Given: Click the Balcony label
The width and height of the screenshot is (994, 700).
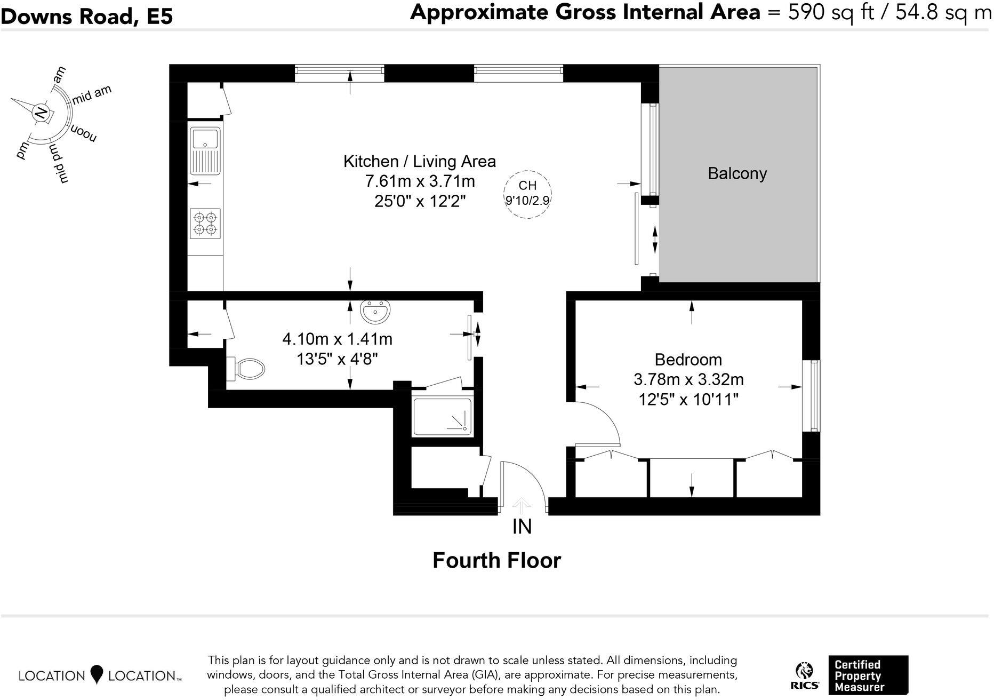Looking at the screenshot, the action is click(x=737, y=173).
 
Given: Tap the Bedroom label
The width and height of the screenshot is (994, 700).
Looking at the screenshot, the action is click(x=688, y=360).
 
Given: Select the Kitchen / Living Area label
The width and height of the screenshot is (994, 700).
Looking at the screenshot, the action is click(x=419, y=161).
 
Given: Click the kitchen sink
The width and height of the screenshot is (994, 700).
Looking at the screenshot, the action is click(x=205, y=150).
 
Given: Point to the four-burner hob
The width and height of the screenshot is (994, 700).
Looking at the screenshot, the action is click(x=205, y=224).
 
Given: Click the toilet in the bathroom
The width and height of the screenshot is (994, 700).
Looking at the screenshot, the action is click(x=246, y=368).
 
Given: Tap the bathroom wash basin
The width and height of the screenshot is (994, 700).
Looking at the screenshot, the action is click(x=375, y=312).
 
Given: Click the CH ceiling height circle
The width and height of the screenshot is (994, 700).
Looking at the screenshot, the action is click(x=527, y=194).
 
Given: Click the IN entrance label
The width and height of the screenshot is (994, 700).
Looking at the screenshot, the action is click(x=522, y=527).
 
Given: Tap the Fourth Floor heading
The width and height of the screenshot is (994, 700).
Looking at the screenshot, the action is click(x=496, y=561).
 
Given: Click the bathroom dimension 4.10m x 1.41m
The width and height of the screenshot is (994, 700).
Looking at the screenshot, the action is click(x=337, y=339).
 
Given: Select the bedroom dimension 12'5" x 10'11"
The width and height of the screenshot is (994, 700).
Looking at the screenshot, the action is click(x=688, y=399).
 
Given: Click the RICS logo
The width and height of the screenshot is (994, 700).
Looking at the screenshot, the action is click(x=805, y=677).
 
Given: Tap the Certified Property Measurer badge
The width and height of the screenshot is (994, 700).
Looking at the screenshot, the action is click(x=868, y=675).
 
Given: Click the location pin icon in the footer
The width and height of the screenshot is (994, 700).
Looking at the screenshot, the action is click(x=97, y=674).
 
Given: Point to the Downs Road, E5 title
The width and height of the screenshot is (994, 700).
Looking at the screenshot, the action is click(x=87, y=17).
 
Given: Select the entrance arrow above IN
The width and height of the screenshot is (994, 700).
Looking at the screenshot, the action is click(x=522, y=506).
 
